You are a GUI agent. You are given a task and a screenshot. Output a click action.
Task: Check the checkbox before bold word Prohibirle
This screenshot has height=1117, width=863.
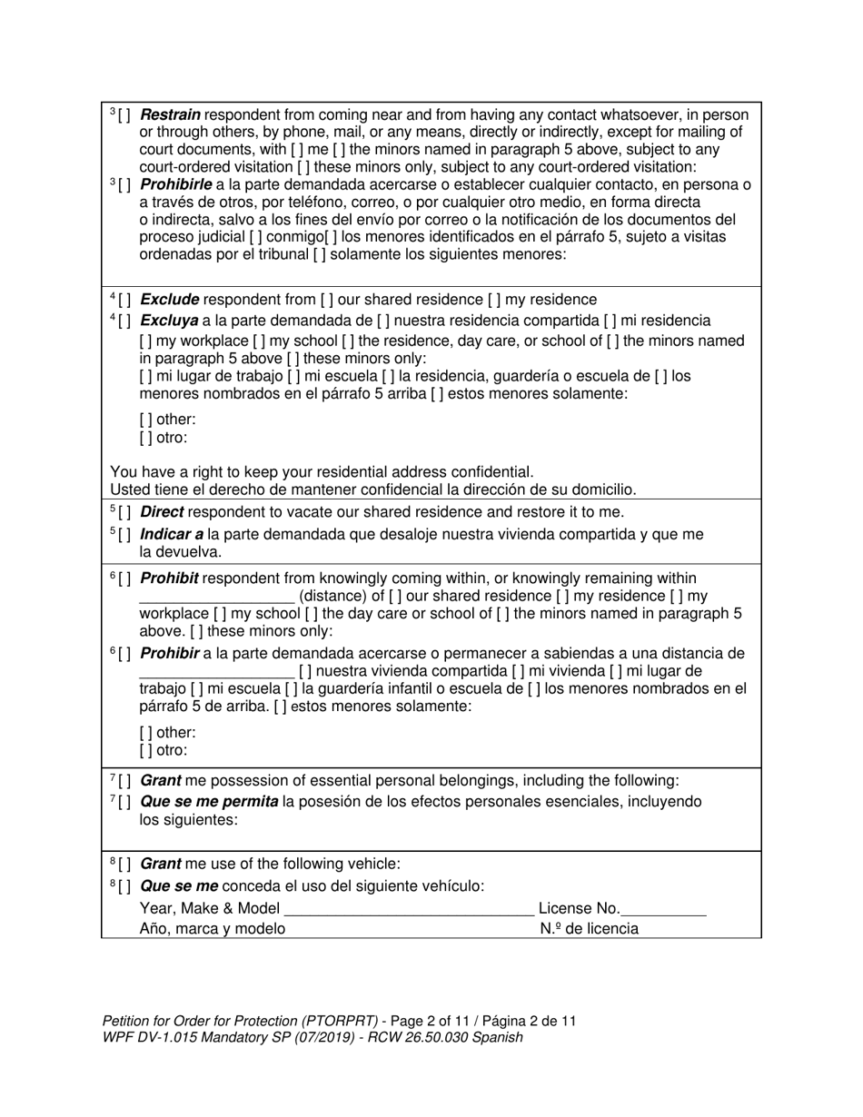coord(124,184)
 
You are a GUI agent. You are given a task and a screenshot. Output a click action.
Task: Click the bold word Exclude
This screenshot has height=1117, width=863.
coord(169,300)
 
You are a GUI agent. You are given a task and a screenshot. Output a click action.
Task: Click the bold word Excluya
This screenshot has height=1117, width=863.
coord(170,321)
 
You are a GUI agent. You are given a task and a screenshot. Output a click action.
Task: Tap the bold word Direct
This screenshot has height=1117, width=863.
coord(163,512)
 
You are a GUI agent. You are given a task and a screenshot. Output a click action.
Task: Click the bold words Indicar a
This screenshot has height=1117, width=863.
coord(172,535)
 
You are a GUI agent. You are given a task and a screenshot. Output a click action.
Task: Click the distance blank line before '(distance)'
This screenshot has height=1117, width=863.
coord(216,597)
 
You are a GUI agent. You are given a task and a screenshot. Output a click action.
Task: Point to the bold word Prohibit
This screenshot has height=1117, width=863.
coord(169,578)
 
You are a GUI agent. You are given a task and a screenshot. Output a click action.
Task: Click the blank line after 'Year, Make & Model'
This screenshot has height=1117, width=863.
coord(409,908)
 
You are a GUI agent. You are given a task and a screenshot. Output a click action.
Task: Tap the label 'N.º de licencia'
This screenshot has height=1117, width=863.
coord(589,929)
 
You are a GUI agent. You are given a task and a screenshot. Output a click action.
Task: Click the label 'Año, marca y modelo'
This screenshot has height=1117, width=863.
coord(212,929)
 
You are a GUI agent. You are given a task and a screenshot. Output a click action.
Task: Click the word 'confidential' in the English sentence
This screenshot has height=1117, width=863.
coord(488,472)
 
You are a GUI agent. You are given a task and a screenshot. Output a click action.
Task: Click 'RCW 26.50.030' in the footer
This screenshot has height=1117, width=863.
coord(422,1037)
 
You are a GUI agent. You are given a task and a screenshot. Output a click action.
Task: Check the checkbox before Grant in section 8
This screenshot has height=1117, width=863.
coord(124,864)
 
